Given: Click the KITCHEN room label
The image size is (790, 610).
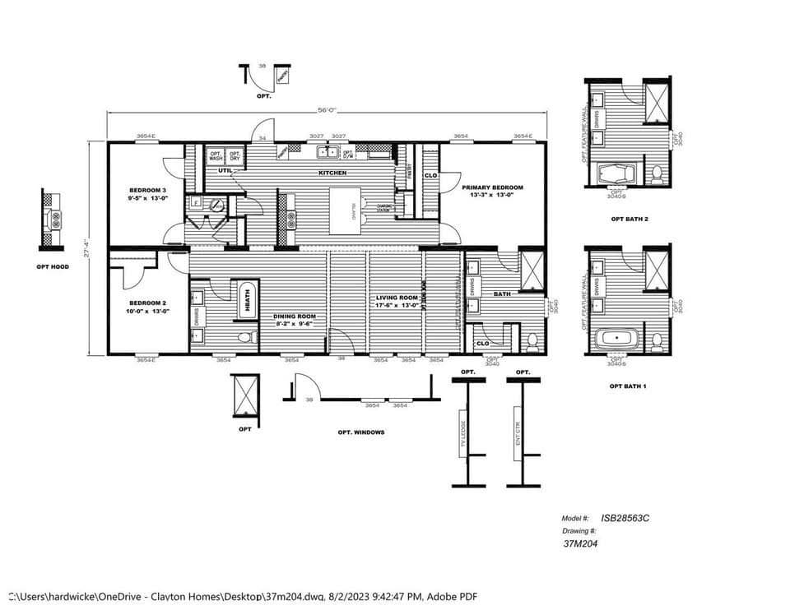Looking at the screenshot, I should [x=332, y=173].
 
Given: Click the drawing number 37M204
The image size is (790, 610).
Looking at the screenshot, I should [x=579, y=543].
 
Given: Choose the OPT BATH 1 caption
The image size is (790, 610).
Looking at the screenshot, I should [x=628, y=385].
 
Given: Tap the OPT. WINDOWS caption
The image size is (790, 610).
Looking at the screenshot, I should [x=360, y=432].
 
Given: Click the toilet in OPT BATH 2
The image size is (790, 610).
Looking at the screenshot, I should [x=657, y=173].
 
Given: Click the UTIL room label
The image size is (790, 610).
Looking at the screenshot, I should [x=225, y=170].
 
